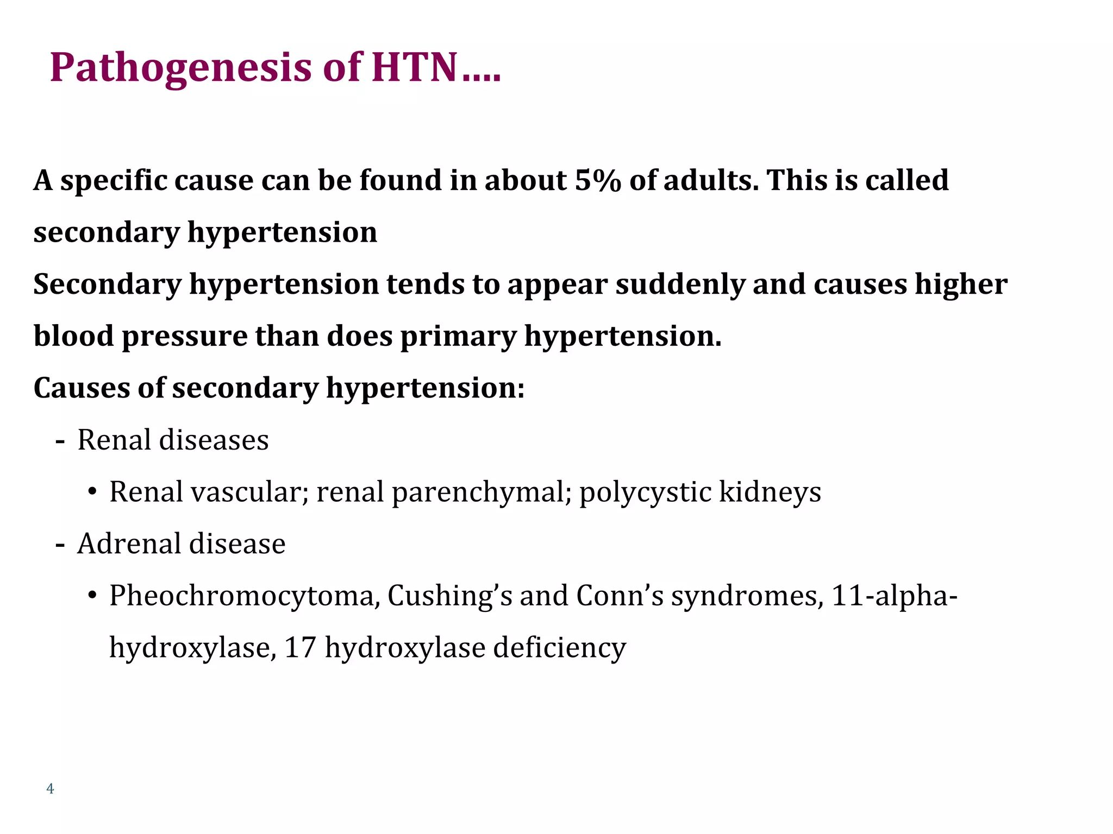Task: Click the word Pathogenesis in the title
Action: (x=180, y=68)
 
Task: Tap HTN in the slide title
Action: (x=414, y=68)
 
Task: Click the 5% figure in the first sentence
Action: (x=597, y=180)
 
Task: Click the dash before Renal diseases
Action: (x=60, y=441)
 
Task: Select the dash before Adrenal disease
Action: (x=60, y=545)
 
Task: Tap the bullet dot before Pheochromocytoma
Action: (x=92, y=596)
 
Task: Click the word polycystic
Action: (x=645, y=492)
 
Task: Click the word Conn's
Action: (x=620, y=596)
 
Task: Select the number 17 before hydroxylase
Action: (x=300, y=648)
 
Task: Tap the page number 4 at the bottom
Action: (x=51, y=789)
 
